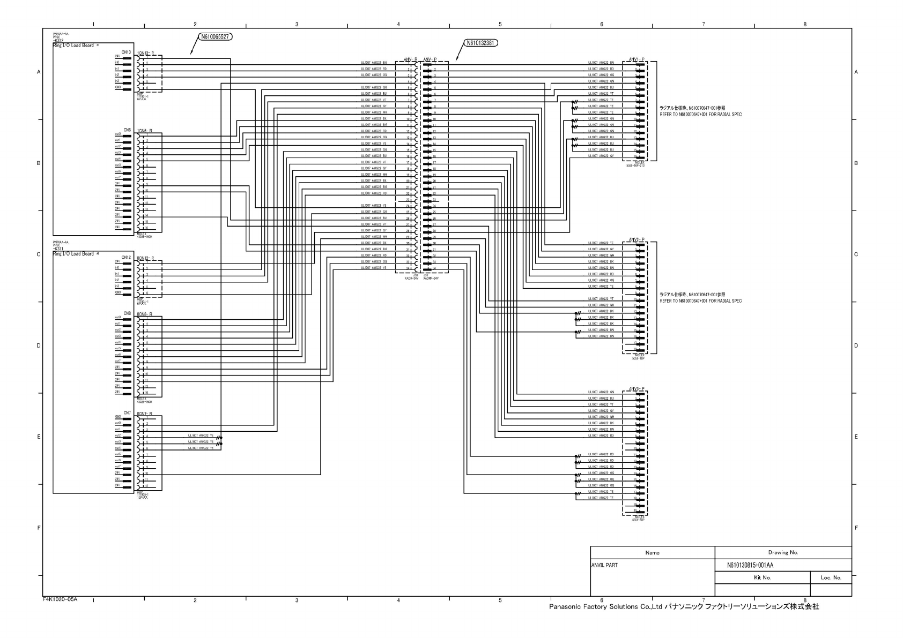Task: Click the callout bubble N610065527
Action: click(215, 37)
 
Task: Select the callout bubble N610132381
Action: click(480, 43)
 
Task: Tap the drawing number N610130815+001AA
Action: click(750, 565)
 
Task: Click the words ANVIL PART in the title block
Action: click(605, 565)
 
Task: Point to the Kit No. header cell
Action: click(762, 577)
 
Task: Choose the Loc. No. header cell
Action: click(831, 577)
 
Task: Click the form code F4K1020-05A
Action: click(60, 599)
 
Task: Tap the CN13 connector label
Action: click(126, 52)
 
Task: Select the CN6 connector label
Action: click(127, 130)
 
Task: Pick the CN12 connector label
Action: click(126, 257)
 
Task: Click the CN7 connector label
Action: click(127, 412)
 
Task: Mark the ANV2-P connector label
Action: click(636, 239)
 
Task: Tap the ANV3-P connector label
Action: click(636, 388)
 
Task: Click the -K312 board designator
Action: click(58, 41)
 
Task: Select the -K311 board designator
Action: click(58, 249)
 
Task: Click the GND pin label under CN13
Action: click(117, 87)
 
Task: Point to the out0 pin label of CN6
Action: click(117, 134)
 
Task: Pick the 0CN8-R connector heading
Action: click(145, 314)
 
